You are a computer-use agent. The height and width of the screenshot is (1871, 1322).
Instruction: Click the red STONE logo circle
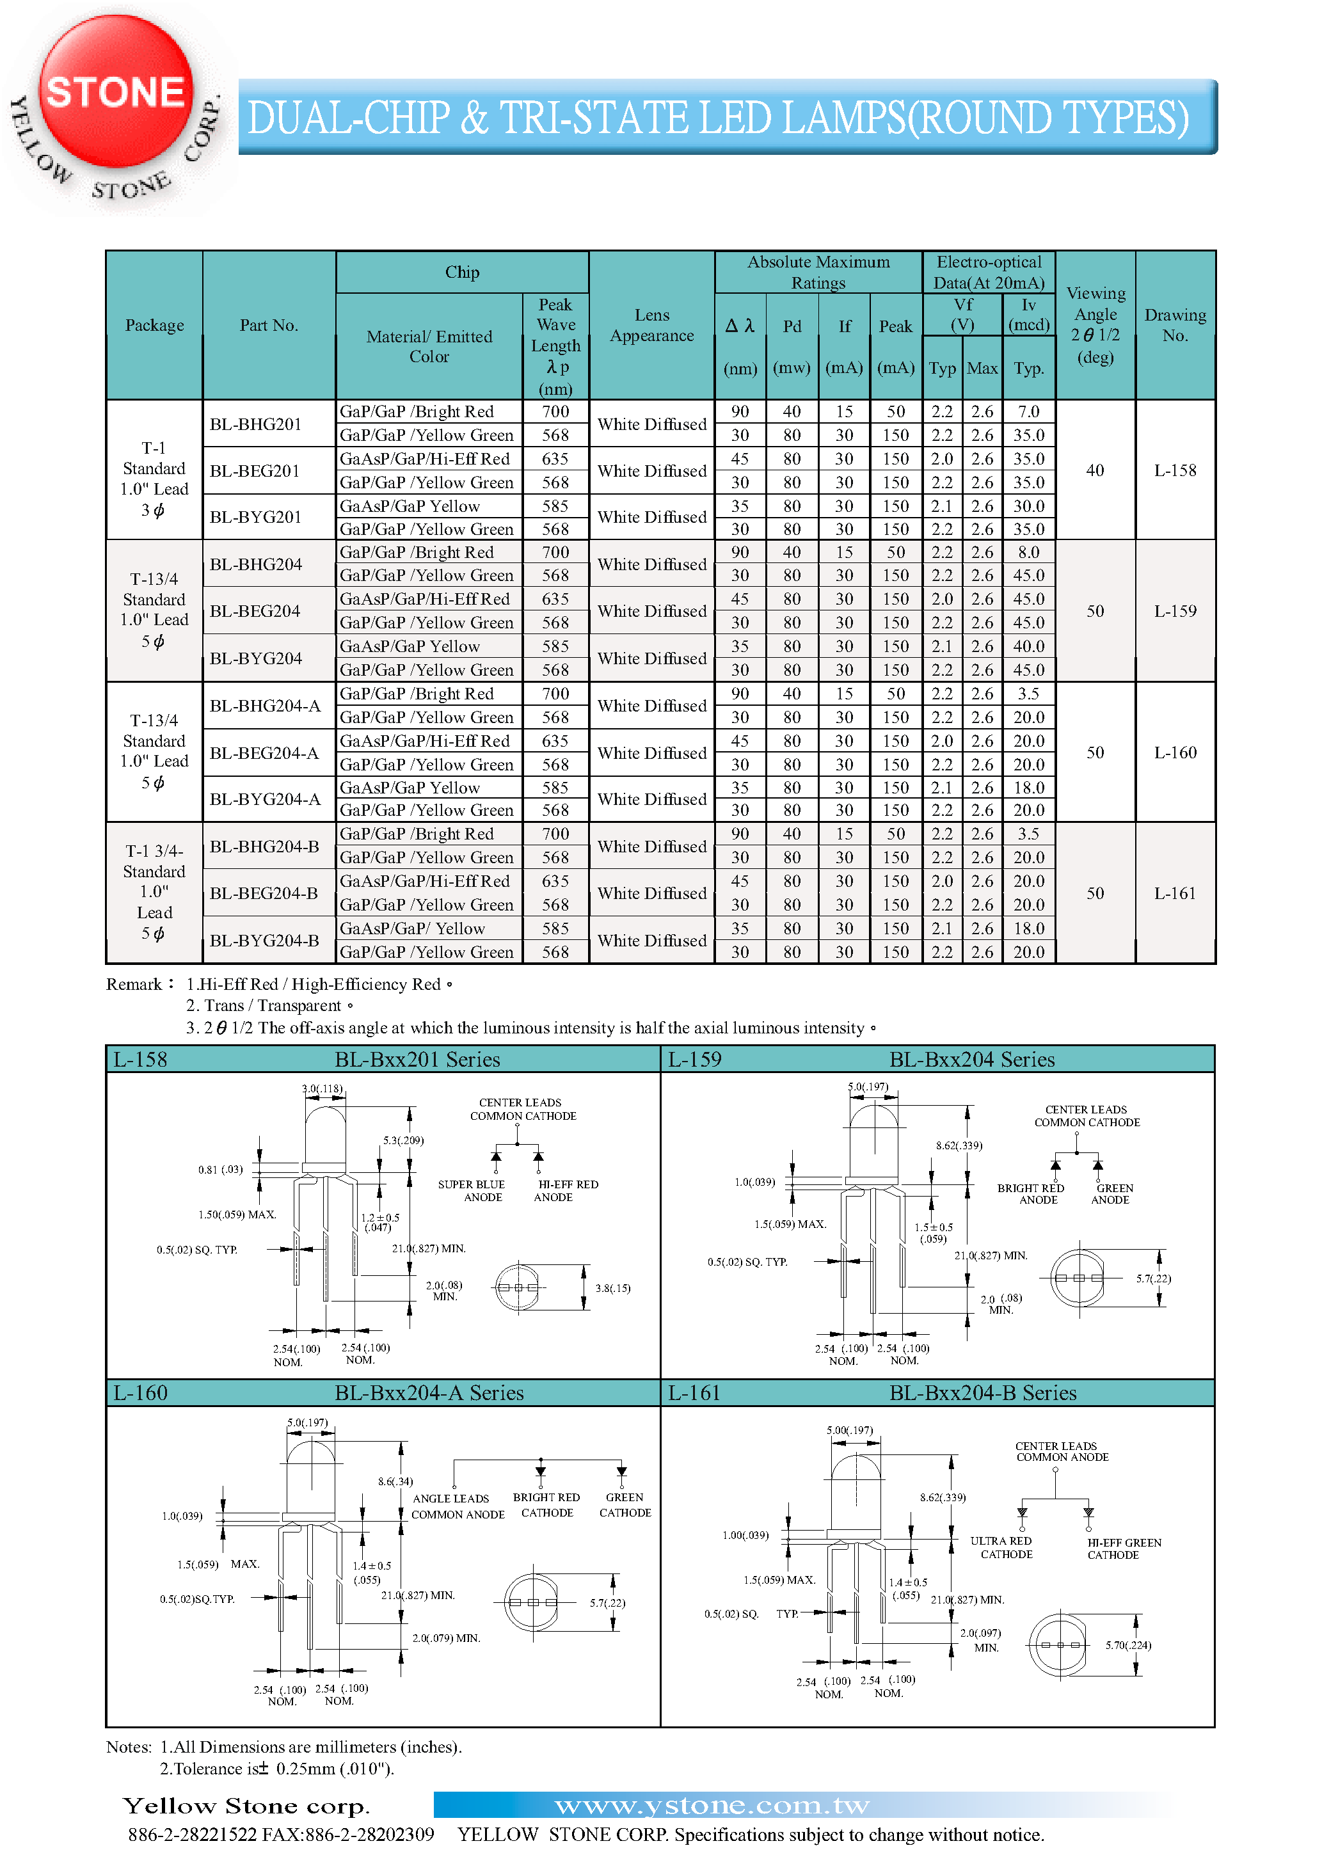pyautogui.click(x=116, y=92)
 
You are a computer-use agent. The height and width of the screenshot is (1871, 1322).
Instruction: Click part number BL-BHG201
pyautogui.click(x=255, y=424)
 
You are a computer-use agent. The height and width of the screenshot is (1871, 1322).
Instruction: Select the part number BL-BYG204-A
pyautogui.click(x=264, y=799)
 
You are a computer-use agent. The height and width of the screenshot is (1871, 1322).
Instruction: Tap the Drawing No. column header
pyautogui.click(x=1174, y=325)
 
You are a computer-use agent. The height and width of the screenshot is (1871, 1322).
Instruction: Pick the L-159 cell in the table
pyautogui.click(x=1174, y=611)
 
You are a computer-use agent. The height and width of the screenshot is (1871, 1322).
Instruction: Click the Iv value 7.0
pyautogui.click(x=1028, y=411)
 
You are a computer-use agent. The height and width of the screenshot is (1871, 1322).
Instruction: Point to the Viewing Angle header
pyautogui.click(x=1095, y=325)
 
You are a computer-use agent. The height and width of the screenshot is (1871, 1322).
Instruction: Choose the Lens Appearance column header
pyautogui.click(x=651, y=325)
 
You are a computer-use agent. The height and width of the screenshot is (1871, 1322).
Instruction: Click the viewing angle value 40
pyautogui.click(x=1095, y=470)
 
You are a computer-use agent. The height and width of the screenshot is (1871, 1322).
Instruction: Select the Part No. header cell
pyautogui.click(x=269, y=325)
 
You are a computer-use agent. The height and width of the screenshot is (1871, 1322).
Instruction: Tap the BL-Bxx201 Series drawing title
pyautogui.click(x=417, y=1060)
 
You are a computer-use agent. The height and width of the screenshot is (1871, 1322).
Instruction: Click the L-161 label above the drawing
pyautogui.click(x=694, y=1392)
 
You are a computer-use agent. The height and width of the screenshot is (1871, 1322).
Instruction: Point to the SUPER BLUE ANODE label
pyautogui.click(x=472, y=1191)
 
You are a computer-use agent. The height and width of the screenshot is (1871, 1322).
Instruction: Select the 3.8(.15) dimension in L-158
pyautogui.click(x=612, y=1288)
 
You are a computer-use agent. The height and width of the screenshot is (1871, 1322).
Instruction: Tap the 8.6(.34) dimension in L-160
pyautogui.click(x=395, y=1481)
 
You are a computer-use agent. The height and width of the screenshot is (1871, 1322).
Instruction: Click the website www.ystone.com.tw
pyautogui.click(x=712, y=1806)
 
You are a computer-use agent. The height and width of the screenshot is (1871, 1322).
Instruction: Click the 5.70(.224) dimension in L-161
pyautogui.click(x=1128, y=1645)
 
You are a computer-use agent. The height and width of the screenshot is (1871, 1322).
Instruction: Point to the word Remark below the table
pyautogui.click(x=134, y=984)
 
